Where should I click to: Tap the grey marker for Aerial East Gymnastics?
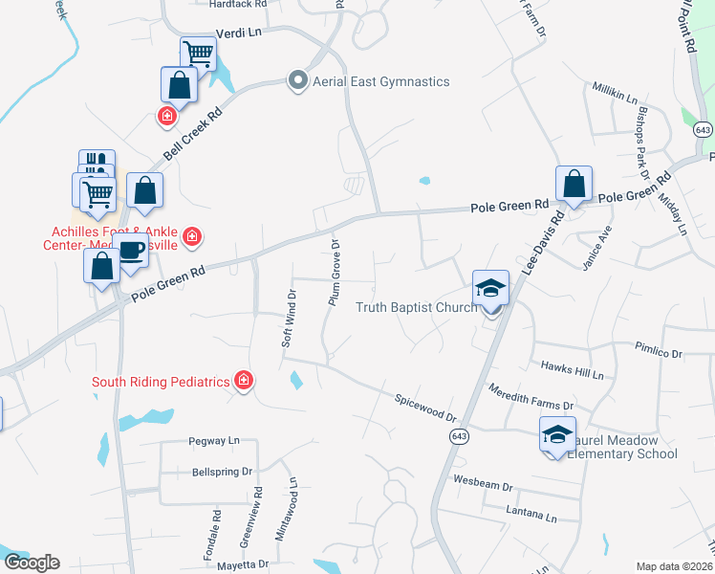click(x=297, y=81)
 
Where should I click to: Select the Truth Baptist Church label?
click(x=416, y=307)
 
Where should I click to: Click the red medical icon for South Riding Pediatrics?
click(x=244, y=382)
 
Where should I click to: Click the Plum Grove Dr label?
click(x=335, y=272)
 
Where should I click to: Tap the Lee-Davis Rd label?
click(x=545, y=239)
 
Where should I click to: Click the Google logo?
click(x=32, y=563)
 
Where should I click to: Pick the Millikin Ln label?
click(x=615, y=95)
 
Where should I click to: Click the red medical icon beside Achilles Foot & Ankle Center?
click(x=192, y=236)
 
